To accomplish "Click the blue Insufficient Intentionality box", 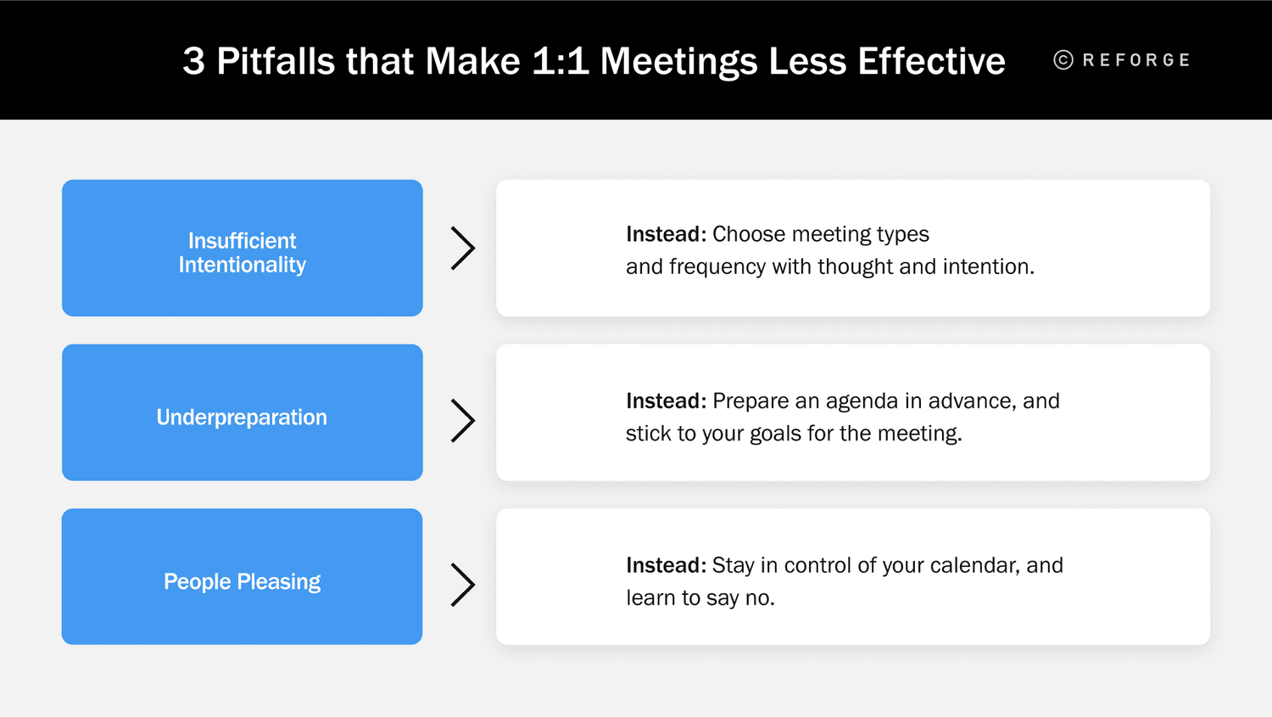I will (x=242, y=248).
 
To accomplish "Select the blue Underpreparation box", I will (x=242, y=412).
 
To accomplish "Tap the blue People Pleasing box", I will (x=242, y=577).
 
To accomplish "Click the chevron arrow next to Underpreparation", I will (x=462, y=421).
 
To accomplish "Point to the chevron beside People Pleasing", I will (x=462, y=585).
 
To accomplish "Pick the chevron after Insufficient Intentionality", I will (x=462, y=249).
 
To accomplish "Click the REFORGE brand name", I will (x=1136, y=60).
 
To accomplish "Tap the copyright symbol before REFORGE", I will (x=1063, y=60).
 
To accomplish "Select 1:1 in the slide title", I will (x=560, y=61).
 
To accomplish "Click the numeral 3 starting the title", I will (x=193, y=61).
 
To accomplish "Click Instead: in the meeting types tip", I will (x=666, y=234).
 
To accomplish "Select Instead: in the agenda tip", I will (x=666, y=401).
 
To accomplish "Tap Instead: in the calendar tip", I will (x=666, y=565).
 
